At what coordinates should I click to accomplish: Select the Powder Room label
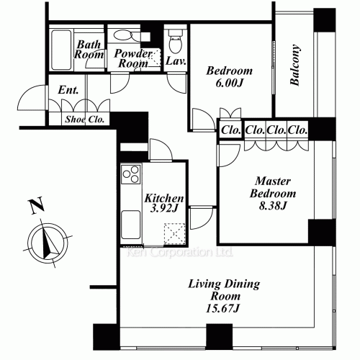133,58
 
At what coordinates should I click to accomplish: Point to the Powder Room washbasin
127,35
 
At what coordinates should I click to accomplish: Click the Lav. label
176,62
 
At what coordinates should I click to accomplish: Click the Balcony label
295,66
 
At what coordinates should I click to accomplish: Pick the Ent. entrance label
68,91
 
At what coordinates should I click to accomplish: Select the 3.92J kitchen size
166,210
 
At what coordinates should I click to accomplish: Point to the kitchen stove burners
131,175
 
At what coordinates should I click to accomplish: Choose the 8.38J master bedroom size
272,207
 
